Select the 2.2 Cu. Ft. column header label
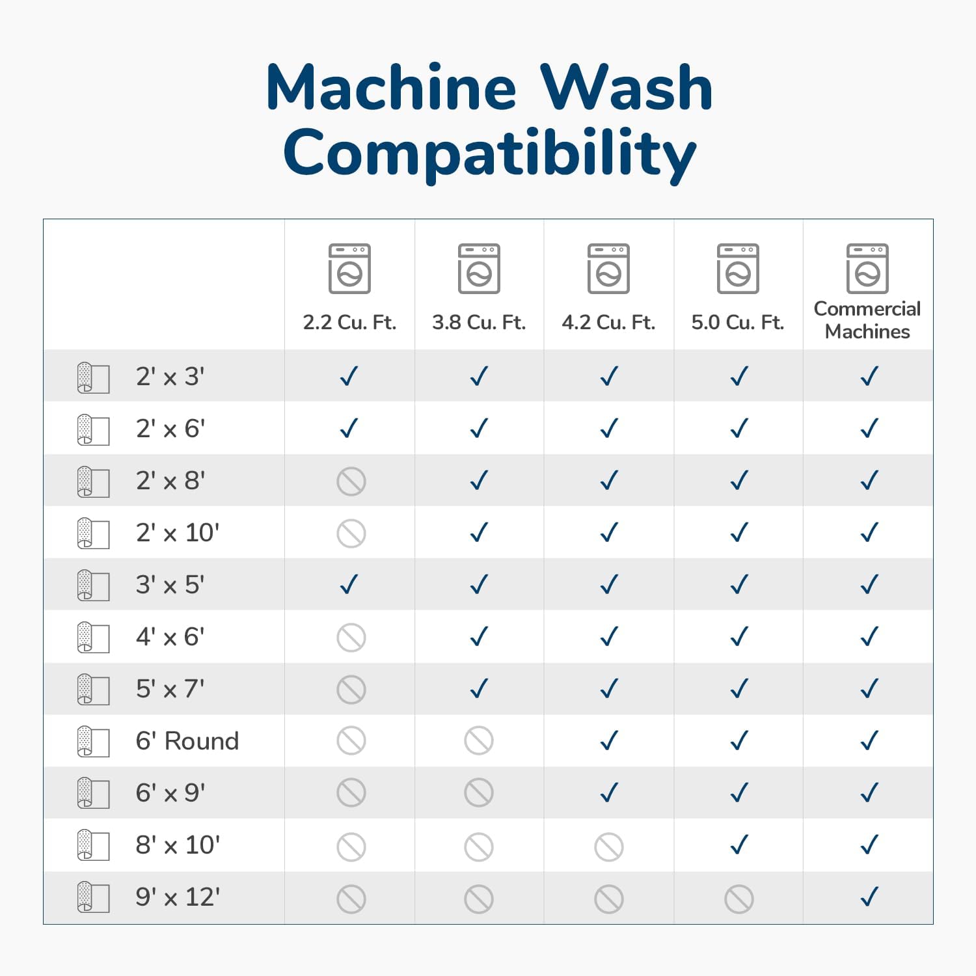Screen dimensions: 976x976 tap(349, 322)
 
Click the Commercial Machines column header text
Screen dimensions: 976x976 tap(867, 320)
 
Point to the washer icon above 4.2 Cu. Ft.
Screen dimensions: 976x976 tap(608, 269)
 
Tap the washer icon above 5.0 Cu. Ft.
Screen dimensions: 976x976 tap(738, 269)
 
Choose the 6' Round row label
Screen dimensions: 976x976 tap(187, 741)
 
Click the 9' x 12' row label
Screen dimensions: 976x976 tap(178, 897)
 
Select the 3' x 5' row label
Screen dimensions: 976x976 tap(170, 585)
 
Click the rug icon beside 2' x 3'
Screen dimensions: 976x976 tap(93, 377)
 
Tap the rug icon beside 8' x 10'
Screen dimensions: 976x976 tap(93, 845)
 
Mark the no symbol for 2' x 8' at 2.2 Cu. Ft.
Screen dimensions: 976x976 tap(351, 481)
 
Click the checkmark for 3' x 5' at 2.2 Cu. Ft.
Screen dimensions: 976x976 tap(349, 584)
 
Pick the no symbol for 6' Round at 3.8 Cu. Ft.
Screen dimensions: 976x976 tap(479, 740)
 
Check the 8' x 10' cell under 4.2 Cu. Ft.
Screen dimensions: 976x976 tap(609, 847)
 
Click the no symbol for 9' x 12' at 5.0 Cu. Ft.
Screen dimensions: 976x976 tap(739, 899)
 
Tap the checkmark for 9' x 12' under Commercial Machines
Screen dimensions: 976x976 tap(869, 897)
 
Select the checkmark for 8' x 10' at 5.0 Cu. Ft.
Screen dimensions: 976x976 tap(739, 845)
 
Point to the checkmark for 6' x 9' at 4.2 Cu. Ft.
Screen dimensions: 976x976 tap(609, 793)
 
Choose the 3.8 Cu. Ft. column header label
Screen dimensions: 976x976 tap(479, 322)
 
